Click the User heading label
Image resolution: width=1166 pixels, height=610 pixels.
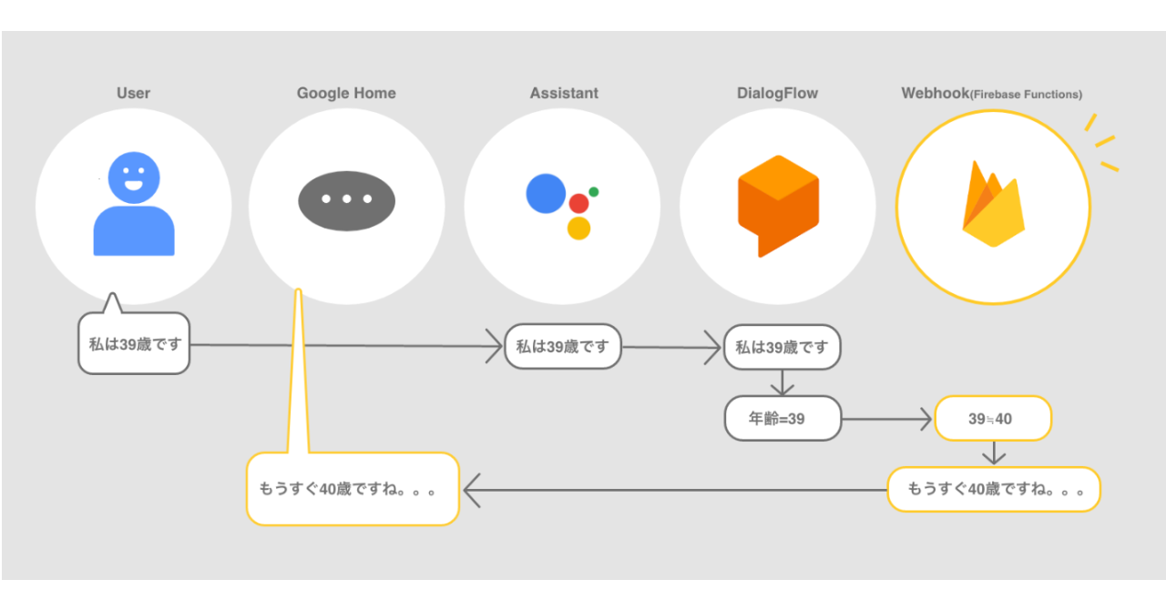[133, 93]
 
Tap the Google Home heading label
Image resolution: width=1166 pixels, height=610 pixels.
[346, 93]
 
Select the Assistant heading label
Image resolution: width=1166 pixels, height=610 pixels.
[564, 93]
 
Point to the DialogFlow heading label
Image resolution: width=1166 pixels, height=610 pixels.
[777, 93]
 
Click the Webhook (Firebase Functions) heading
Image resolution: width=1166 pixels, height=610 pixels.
[991, 94]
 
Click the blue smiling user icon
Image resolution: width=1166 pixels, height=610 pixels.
[134, 205]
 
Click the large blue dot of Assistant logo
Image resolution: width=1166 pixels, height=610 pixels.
[546, 193]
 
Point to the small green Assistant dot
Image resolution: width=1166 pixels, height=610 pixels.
[594, 192]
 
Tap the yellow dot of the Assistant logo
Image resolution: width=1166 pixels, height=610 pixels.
[578, 228]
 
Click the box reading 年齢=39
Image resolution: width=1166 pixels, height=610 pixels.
[782, 419]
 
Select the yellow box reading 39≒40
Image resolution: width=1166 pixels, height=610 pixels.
[993, 419]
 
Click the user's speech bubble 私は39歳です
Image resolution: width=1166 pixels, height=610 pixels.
[134, 344]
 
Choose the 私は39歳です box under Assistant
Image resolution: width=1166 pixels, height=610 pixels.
[562, 347]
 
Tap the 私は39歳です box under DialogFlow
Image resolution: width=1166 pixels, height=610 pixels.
[782, 347]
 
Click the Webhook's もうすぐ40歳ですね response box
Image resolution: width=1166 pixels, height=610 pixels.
[994, 490]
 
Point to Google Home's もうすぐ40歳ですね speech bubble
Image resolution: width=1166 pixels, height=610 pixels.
[353, 489]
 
